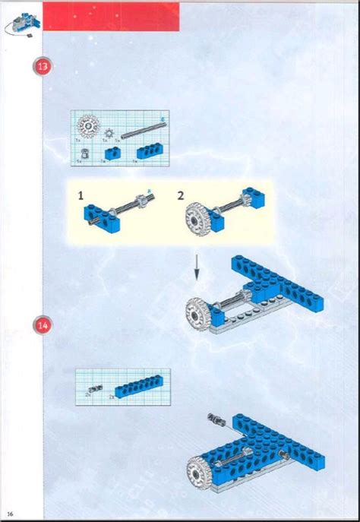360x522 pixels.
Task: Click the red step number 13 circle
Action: click(43, 66)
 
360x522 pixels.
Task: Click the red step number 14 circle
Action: click(43, 325)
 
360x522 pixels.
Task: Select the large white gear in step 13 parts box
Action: click(90, 126)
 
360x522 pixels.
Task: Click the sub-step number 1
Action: click(81, 195)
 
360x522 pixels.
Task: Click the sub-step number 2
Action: click(181, 195)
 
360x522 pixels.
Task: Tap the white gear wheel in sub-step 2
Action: click(198, 217)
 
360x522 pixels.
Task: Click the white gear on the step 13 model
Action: click(201, 311)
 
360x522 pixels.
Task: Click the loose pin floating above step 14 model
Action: click(216, 418)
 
